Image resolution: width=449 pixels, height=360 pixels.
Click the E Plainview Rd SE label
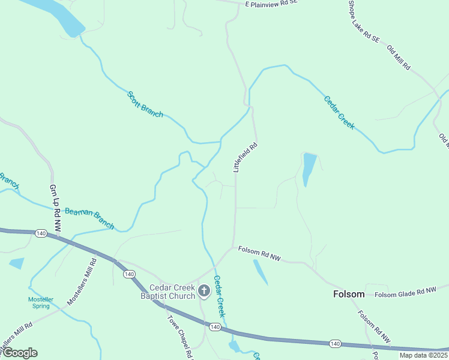272,4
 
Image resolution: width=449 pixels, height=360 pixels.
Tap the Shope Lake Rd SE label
364,21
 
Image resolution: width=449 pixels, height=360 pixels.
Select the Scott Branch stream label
145,104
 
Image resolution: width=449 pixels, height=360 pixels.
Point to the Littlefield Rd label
246,157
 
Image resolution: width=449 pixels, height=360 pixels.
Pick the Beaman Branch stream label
89,217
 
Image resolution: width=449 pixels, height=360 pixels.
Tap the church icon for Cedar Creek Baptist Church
203,292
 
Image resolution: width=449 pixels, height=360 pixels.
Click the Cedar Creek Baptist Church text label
167,292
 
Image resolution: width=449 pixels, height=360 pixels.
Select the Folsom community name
349,294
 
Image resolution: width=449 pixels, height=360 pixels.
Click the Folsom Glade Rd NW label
405,293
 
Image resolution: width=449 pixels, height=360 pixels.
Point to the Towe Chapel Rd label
179,332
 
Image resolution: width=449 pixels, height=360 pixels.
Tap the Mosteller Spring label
41,302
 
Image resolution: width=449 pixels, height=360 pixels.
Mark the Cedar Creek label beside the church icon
220,296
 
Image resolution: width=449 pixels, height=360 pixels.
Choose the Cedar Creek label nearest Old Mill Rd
339,113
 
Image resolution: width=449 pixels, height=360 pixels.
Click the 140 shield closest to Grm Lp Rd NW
41,233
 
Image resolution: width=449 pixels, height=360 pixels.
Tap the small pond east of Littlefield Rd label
309,169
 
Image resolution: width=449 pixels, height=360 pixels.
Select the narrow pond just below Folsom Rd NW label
261,271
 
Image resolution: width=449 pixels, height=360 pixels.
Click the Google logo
20,353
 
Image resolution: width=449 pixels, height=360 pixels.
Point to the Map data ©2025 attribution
424,355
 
